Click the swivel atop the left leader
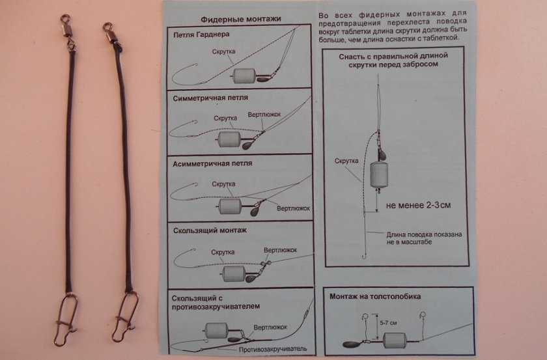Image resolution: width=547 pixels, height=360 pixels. [67, 30]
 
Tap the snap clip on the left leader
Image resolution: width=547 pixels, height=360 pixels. [66, 320]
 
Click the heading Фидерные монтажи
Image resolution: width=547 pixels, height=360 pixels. [241, 19]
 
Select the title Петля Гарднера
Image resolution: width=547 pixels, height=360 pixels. [201, 35]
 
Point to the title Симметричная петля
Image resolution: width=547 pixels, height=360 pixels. [210, 98]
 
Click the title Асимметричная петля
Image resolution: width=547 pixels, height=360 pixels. [212, 163]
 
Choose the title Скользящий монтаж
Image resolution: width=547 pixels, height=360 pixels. [210, 230]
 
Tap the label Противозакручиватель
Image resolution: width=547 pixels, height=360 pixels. [273, 349]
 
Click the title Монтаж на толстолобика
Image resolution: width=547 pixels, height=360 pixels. [375, 296]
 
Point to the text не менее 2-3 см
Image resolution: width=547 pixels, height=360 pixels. [418, 205]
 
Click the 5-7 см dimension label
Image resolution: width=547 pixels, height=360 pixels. [388, 323]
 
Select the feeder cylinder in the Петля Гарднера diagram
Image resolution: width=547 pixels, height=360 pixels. [244, 76]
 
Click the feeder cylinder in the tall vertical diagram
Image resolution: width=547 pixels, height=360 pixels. [379, 174]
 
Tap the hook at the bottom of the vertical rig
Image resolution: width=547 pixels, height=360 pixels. [365, 256]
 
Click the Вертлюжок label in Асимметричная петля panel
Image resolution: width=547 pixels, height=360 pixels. [294, 208]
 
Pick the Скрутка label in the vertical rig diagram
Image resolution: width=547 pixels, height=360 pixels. [346, 161]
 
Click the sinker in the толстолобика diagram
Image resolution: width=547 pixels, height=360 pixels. [353, 344]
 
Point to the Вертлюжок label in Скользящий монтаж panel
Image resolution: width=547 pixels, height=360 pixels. [280, 250]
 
